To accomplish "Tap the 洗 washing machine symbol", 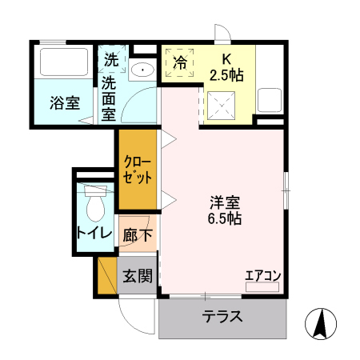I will point(110,59).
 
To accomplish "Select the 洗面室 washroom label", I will point(110,98).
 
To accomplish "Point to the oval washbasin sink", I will point(142,70).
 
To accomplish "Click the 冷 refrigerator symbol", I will point(180,62).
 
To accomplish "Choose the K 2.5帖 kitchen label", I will point(226,66).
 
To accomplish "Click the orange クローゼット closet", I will point(137,169).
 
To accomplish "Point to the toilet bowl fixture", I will point(94,206).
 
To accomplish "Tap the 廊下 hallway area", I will point(136,237).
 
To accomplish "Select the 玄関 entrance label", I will point(137,276).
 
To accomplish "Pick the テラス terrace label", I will point(222,316).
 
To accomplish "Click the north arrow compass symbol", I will point(318,322).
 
